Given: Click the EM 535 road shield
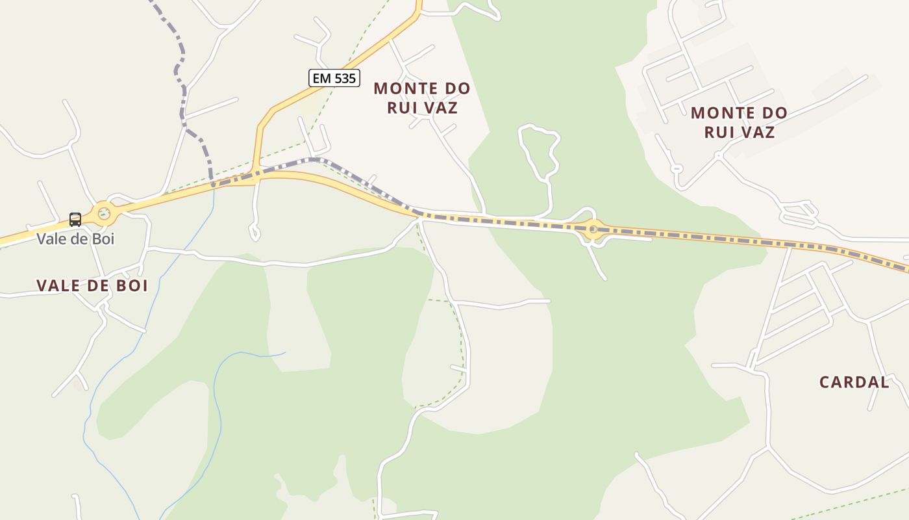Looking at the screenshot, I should pyautogui.click(x=334, y=79).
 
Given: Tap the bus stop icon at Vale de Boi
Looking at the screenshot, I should pyautogui.click(x=75, y=220).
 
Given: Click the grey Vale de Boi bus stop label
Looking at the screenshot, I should pyautogui.click(x=75, y=239).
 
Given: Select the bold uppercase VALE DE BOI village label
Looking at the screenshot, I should pyautogui.click(x=92, y=285).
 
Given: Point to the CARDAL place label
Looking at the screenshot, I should pyautogui.click(x=854, y=382).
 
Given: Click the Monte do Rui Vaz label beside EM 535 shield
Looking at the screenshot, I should pyautogui.click(x=422, y=97).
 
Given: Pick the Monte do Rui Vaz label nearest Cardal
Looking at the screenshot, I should pyautogui.click(x=739, y=122).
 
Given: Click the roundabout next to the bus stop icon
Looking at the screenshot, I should pyautogui.click(x=103, y=213).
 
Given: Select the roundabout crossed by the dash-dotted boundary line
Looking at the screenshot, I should pyautogui.click(x=593, y=229).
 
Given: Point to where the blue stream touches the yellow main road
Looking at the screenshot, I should pyautogui.click(x=214, y=185).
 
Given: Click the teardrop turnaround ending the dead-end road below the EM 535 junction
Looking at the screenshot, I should pyautogui.click(x=255, y=233).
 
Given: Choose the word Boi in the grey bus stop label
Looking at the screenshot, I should pyautogui.click(x=103, y=239).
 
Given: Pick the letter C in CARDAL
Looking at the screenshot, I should pyautogui.click(x=825, y=382).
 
